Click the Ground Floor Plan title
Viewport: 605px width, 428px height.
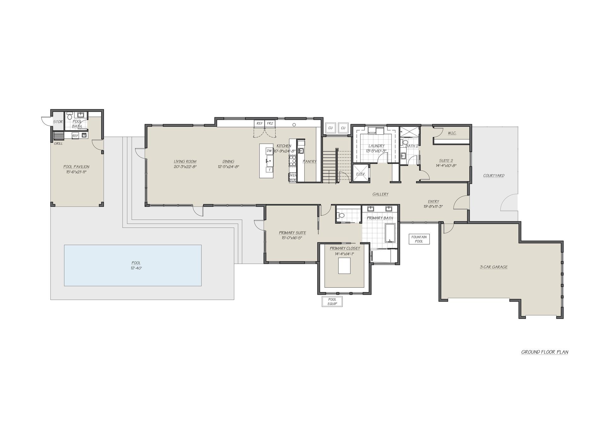pyautogui.click(x=544, y=352)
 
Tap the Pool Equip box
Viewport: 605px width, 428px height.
pyautogui.click(x=332, y=302)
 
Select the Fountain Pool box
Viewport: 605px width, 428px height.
pyautogui.click(x=419, y=239)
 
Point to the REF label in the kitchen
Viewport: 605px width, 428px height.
pyautogui.click(x=260, y=124)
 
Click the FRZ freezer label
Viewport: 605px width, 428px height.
pyautogui.click(x=270, y=124)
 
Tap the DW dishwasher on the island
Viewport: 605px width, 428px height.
pyautogui.click(x=269, y=151)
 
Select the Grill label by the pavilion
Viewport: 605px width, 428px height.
pyautogui.click(x=58, y=143)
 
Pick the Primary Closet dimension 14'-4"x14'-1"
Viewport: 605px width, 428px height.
pyautogui.click(x=345, y=253)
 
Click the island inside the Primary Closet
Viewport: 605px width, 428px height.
pyautogui.click(x=345, y=266)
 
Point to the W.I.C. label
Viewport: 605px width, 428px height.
pyautogui.click(x=452, y=133)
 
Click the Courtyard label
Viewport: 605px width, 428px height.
pyautogui.click(x=494, y=176)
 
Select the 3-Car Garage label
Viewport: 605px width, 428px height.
pyautogui.click(x=494, y=267)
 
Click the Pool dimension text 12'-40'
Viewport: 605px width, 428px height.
pyautogui.click(x=136, y=268)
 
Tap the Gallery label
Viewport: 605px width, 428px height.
pyautogui.click(x=380, y=194)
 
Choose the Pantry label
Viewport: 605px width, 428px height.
pyautogui.click(x=309, y=161)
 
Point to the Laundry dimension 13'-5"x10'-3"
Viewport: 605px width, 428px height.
pyautogui.click(x=376, y=151)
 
